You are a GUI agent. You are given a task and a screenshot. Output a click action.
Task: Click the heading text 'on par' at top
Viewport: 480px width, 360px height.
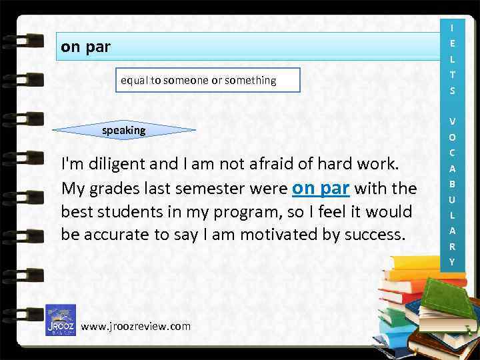tap(85, 47)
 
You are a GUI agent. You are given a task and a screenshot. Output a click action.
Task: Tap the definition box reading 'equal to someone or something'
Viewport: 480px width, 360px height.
tap(198, 80)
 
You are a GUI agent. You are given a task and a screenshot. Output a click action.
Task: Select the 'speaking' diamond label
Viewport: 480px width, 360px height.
tap(123, 131)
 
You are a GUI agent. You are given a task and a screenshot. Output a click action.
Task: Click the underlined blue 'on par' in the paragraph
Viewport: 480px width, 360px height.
tap(321, 189)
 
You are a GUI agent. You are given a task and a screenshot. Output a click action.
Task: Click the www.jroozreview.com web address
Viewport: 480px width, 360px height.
tap(135, 326)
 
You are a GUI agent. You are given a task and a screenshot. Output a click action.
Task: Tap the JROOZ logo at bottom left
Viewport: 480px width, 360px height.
tap(60, 320)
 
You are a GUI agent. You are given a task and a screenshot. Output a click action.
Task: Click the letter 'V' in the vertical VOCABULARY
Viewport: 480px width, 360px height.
tap(452, 121)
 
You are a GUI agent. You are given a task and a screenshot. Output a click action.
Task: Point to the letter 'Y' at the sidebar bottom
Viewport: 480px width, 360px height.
tap(452, 262)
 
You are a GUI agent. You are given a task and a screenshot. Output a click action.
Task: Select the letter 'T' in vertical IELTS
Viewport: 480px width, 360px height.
tap(452, 75)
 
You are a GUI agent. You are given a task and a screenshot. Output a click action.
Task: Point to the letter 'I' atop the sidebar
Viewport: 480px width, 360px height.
tap(452, 28)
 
